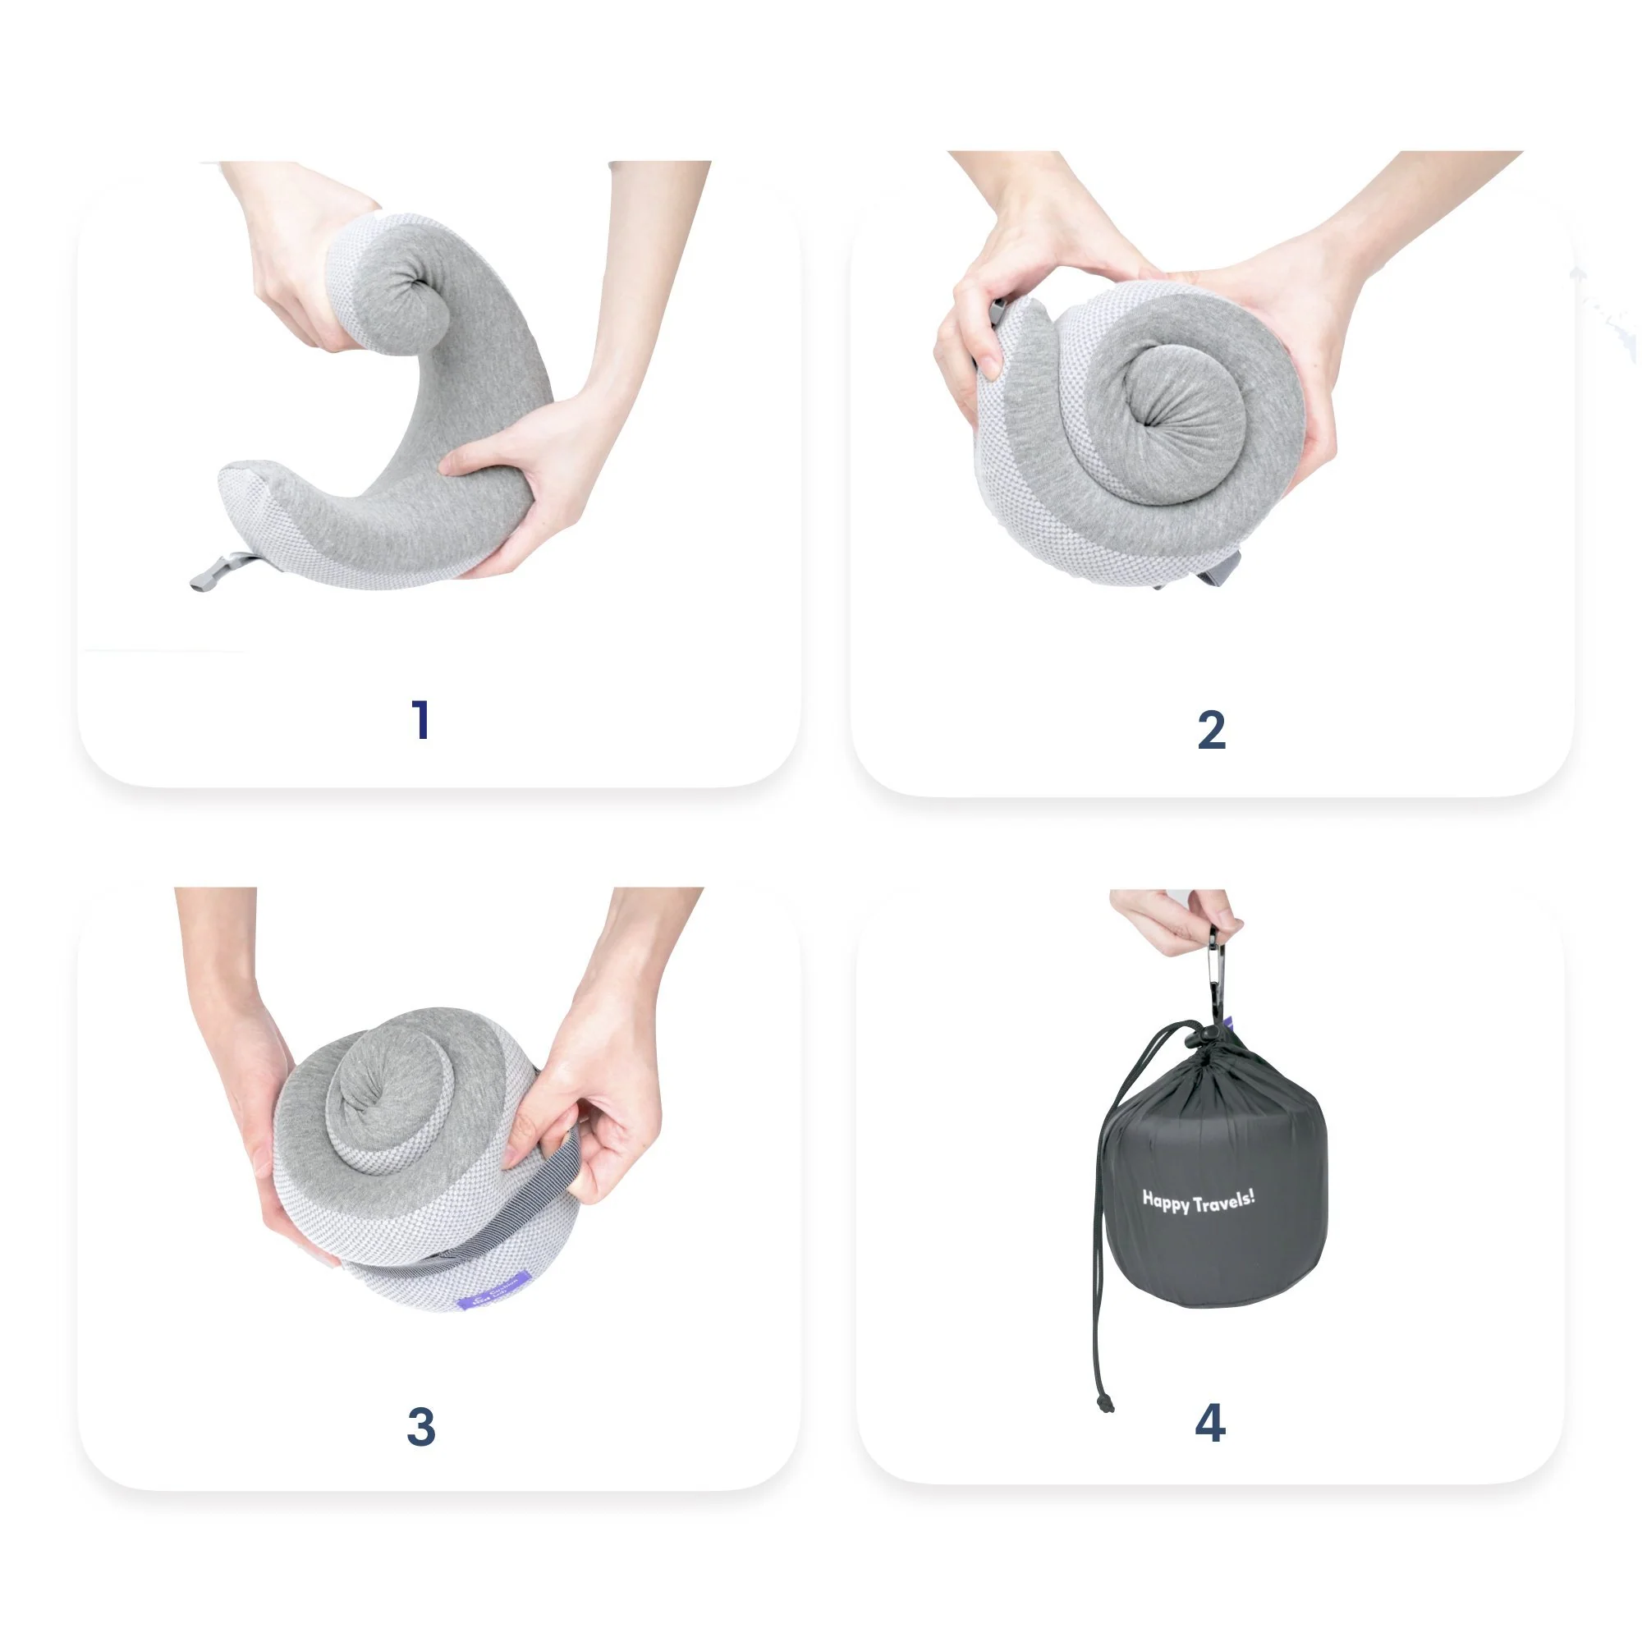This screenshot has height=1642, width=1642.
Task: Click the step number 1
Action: coord(420,720)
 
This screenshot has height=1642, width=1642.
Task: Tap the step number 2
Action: coord(1211,730)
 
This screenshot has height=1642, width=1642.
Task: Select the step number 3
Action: coord(420,1427)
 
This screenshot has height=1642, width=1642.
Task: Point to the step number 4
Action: coord(1210,1423)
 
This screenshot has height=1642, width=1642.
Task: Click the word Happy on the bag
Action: coord(1166,1201)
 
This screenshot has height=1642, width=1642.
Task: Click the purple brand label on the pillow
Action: coord(493,1298)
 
